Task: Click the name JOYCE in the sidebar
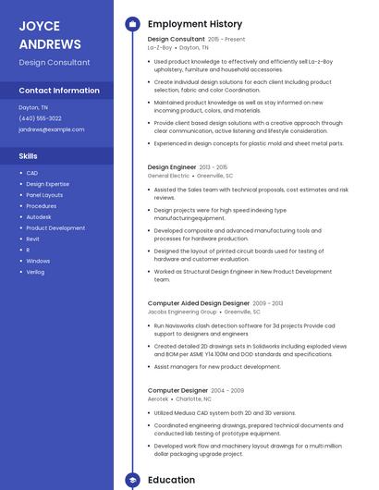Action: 39,26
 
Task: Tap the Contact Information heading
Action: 59,91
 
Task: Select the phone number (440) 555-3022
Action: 40,118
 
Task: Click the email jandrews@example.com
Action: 51,129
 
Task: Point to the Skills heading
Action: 28,156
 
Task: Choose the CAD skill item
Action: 31,173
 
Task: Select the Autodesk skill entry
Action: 39,216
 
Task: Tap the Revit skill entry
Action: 32,239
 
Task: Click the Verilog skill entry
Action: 35,272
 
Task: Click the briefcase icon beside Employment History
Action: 132,24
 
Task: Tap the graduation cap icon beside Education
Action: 132,481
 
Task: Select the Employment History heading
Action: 195,24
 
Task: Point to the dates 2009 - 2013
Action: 268,303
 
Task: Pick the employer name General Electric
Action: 168,176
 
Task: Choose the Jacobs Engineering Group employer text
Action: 182,312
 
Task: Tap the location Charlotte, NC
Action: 193,398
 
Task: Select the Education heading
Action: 171,481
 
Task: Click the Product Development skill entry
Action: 55,227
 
